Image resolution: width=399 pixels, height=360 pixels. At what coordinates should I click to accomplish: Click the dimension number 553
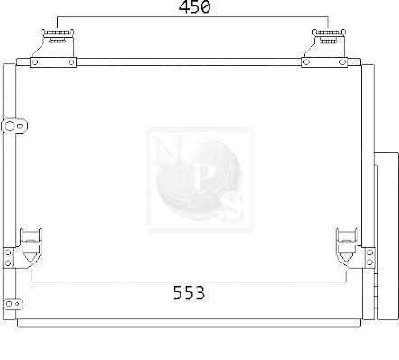pos(189,292)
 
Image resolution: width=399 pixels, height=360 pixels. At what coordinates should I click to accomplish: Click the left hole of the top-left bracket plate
pos(36,61)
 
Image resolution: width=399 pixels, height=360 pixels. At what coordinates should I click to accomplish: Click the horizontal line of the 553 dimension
pos(108,282)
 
